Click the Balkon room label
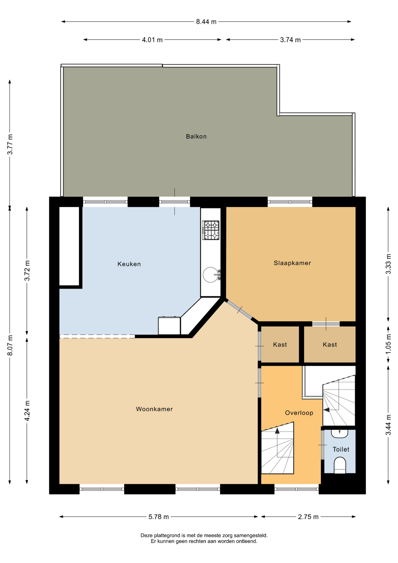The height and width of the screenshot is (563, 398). [196, 136]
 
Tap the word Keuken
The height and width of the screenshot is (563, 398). [129, 264]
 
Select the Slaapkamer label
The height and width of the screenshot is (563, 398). [292, 263]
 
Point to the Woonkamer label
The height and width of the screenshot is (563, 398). [154, 409]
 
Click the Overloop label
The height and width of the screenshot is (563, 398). [299, 413]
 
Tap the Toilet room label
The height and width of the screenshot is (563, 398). [341, 449]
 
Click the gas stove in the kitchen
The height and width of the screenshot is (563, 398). [211, 230]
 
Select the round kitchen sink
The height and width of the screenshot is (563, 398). [211, 275]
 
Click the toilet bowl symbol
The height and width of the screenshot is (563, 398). [340, 465]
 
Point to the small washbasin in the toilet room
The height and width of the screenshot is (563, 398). [339, 433]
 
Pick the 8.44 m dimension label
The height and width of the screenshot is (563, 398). [206, 22]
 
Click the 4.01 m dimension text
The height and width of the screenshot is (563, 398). [152, 40]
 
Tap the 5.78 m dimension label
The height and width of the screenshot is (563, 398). [159, 517]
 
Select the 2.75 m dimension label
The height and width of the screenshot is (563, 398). [308, 517]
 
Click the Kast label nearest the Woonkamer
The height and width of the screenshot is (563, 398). [280, 345]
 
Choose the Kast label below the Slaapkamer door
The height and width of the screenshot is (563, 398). [330, 345]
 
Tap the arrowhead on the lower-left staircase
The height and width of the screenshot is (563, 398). [277, 430]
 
